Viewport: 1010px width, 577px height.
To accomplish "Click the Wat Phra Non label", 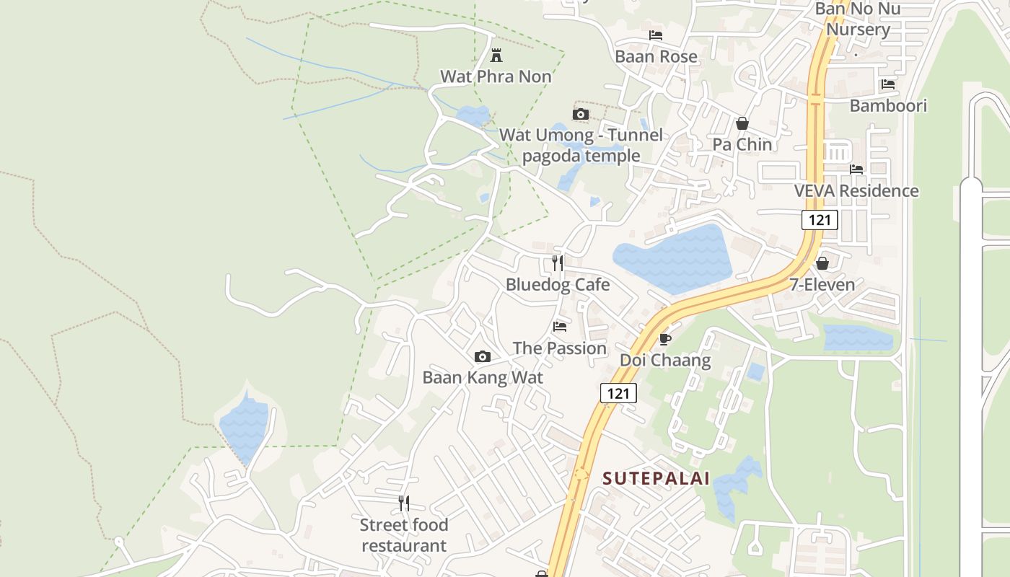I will pyautogui.click(x=496, y=76).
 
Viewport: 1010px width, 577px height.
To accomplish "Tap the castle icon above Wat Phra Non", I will pyautogui.click(x=496, y=55).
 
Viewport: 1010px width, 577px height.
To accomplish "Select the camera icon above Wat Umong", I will pyautogui.click(x=580, y=114).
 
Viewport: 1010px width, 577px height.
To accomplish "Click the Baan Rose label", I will pyautogui.click(x=656, y=56).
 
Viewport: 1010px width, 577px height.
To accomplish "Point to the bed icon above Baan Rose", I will pyautogui.click(x=655, y=35).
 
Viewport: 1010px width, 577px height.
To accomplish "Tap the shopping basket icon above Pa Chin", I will pyautogui.click(x=742, y=123).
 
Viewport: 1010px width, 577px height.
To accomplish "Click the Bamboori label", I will pyautogui.click(x=888, y=105).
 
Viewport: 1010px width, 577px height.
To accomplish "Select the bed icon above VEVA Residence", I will pyautogui.click(x=856, y=169).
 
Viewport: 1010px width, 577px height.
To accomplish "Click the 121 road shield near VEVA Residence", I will pyautogui.click(x=820, y=220).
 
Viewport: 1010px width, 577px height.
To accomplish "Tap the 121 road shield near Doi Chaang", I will pyautogui.click(x=618, y=393).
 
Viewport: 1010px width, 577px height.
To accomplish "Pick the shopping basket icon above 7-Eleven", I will pyautogui.click(x=822, y=263).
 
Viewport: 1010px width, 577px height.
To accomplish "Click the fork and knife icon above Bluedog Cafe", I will pyautogui.click(x=557, y=263).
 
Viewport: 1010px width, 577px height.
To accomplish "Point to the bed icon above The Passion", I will pyautogui.click(x=559, y=327).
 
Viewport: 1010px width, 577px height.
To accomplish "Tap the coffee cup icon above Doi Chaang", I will pyautogui.click(x=664, y=338).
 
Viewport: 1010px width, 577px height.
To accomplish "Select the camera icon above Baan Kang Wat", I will pyautogui.click(x=483, y=356).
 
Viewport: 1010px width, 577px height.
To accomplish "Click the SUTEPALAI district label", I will pyautogui.click(x=656, y=478).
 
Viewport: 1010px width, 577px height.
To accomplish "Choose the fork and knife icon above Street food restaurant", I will pyautogui.click(x=404, y=503).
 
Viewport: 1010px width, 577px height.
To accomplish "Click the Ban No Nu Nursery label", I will pyautogui.click(x=858, y=19).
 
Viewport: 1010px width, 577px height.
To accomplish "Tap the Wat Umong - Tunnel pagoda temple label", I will pyautogui.click(x=581, y=145).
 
